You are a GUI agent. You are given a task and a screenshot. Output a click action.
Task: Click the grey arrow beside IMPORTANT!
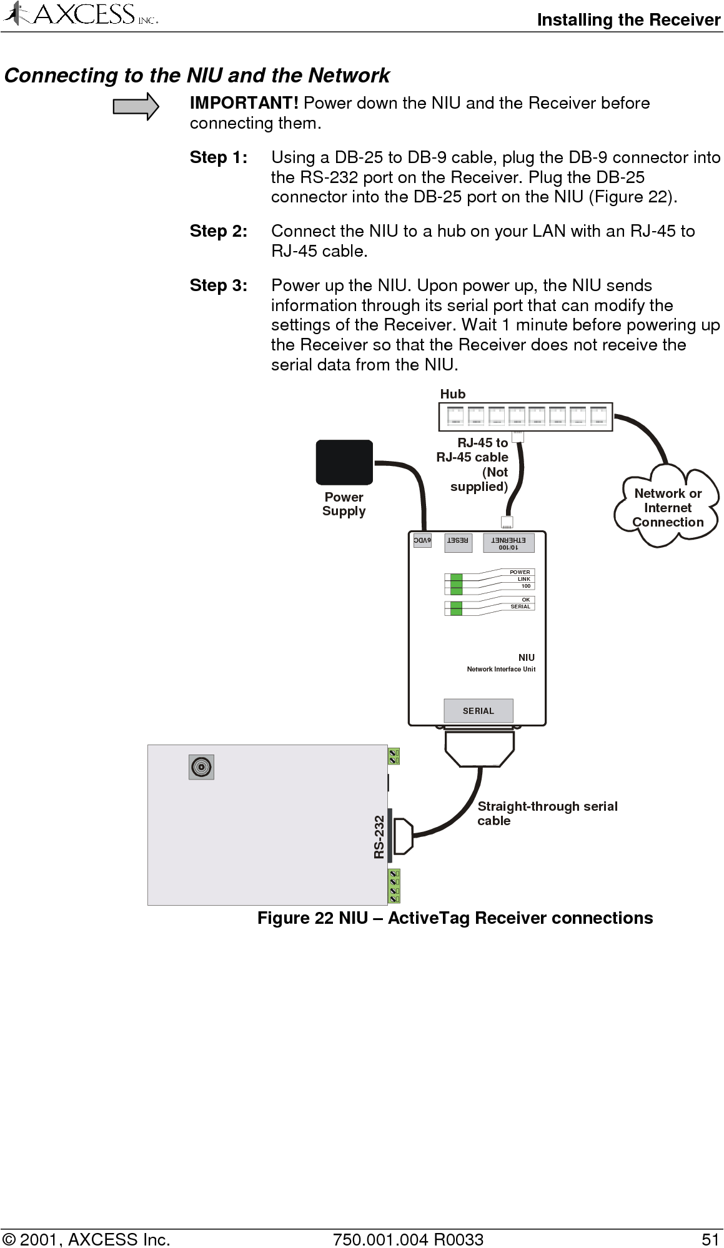click(x=136, y=106)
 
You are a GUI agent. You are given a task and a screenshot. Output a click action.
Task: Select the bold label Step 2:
click(x=219, y=231)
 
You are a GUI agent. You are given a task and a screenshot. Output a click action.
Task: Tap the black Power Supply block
click(x=344, y=463)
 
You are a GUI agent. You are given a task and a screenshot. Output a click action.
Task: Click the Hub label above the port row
click(x=453, y=394)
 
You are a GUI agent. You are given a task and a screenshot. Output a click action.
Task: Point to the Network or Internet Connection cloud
click(x=667, y=508)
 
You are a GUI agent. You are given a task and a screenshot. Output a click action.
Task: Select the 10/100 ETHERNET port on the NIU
click(x=508, y=543)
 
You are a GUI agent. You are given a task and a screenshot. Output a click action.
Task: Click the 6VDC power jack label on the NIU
click(x=422, y=540)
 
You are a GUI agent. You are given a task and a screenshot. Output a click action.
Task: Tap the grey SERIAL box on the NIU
click(x=479, y=711)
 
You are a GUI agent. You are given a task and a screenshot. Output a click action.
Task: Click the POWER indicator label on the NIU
click(x=520, y=572)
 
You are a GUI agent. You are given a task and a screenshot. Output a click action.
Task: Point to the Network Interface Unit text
click(x=501, y=669)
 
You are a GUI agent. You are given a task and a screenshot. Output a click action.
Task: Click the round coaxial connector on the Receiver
click(x=201, y=767)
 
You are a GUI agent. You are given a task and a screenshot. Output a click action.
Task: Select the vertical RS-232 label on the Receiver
click(x=379, y=837)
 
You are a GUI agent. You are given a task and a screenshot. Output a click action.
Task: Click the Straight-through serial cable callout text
click(x=547, y=813)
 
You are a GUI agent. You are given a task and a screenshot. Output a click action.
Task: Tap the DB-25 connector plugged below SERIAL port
click(x=480, y=748)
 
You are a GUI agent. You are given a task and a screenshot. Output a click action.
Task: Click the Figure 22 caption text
click(x=455, y=918)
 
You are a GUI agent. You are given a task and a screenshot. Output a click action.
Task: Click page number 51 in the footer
click(x=710, y=1239)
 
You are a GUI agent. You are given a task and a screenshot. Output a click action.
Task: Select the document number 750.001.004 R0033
click(x=409, y=1239)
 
